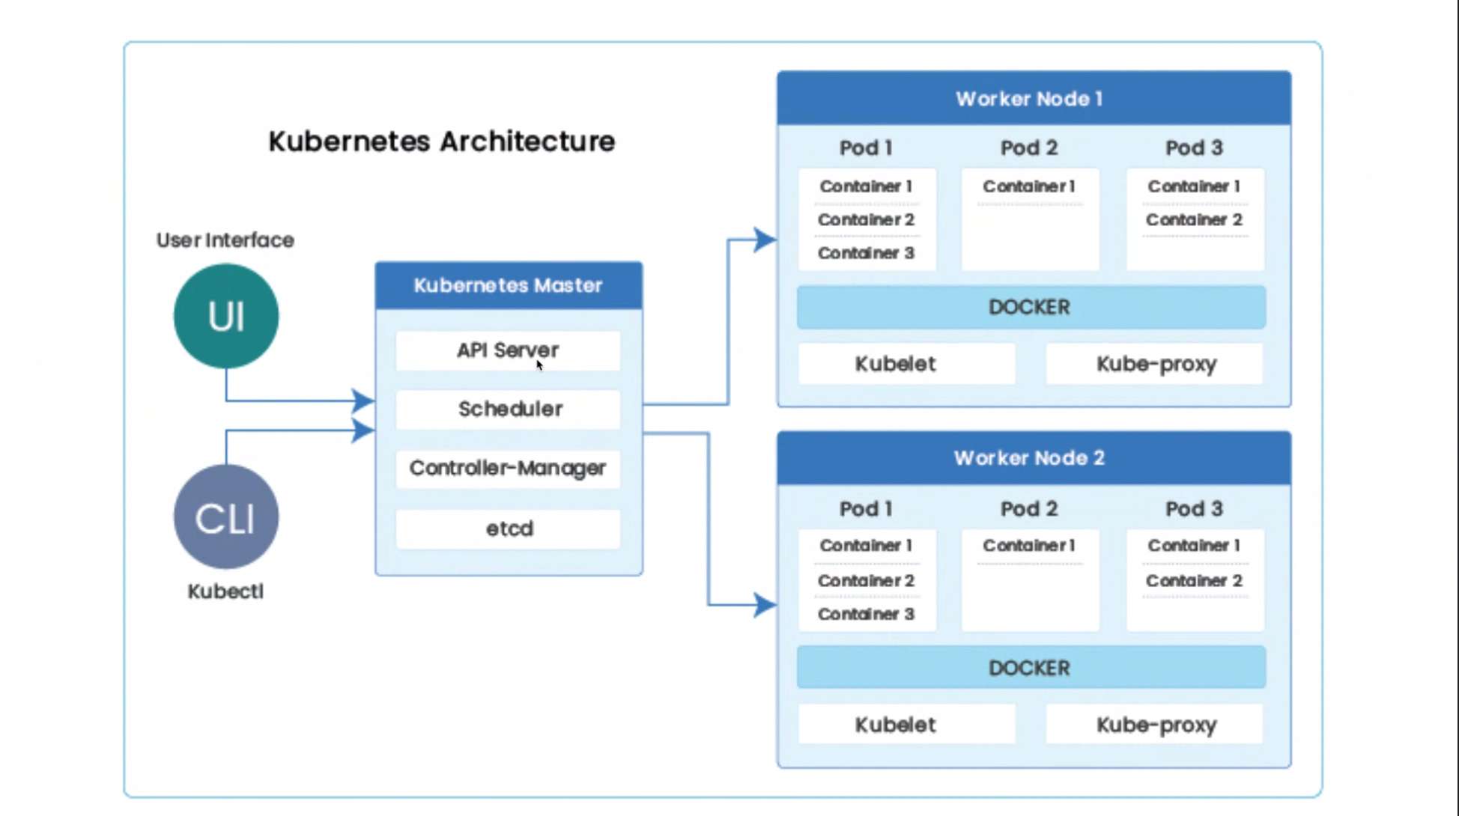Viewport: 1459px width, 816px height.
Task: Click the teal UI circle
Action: coord(226,316)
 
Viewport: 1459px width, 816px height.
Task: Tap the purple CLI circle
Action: coord(226,517)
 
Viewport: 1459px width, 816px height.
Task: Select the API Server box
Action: coord(508,350)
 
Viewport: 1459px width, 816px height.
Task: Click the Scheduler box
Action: coord(508,409)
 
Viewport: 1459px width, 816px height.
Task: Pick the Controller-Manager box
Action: coord(508,469)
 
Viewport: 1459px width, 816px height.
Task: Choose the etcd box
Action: coord(508,529)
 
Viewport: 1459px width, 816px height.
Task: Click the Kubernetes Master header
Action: coord(509,285)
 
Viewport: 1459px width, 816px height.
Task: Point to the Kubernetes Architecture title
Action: coord(442,141)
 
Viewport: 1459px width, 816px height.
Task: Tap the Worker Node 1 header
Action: coord(1034,98)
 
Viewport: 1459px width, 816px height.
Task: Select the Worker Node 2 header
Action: coord(1034,458)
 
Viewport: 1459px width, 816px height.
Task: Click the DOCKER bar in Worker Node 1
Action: coord(1031,307)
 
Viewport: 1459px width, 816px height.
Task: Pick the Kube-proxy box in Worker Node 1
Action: coord(1154,364)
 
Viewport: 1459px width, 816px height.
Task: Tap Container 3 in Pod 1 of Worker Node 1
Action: coord(866,253)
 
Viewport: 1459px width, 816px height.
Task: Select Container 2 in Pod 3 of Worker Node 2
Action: coord(1194,580)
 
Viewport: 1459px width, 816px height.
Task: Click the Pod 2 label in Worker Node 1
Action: coord(1029,147)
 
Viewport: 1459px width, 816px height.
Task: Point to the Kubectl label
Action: coord(225,591)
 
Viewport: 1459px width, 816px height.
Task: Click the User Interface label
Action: coord(225,240)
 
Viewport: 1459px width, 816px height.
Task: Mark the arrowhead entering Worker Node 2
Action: coord(765,605)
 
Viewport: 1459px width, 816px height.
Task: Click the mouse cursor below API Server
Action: coord(539,365)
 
